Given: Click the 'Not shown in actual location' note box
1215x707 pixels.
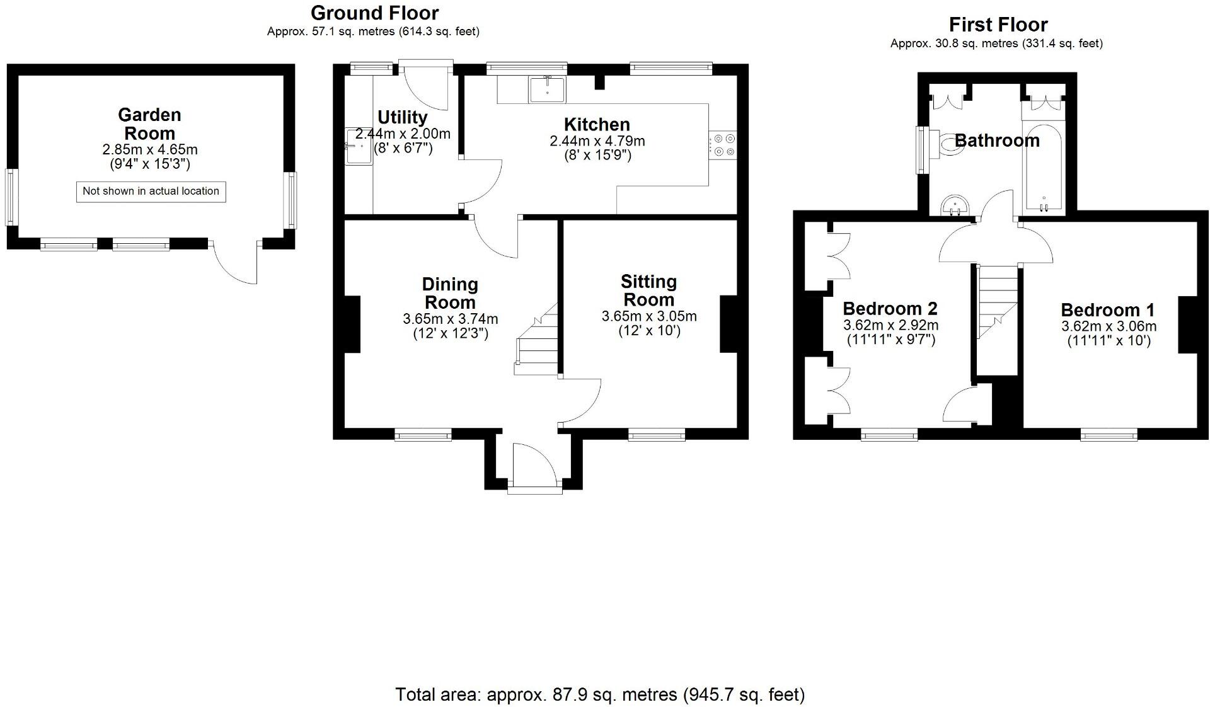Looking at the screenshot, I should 151,192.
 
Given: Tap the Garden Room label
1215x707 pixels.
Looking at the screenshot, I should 149,124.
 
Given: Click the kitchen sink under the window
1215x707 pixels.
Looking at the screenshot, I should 547,89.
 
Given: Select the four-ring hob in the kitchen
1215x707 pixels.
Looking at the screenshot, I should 723,145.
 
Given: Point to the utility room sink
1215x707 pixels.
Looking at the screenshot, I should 359,146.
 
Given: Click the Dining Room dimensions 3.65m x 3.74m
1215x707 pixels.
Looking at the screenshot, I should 450,319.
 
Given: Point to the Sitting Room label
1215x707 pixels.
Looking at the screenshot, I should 648,290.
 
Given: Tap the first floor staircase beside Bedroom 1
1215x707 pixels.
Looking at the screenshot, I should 997,302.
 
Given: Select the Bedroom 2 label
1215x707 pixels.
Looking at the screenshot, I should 890,309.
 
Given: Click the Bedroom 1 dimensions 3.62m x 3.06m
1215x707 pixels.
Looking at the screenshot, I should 1108,326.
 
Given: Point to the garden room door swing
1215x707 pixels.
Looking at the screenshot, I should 236,263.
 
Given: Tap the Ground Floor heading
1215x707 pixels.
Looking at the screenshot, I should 374,13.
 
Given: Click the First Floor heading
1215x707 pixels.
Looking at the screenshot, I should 998,25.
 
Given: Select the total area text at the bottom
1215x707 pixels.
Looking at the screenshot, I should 599,694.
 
